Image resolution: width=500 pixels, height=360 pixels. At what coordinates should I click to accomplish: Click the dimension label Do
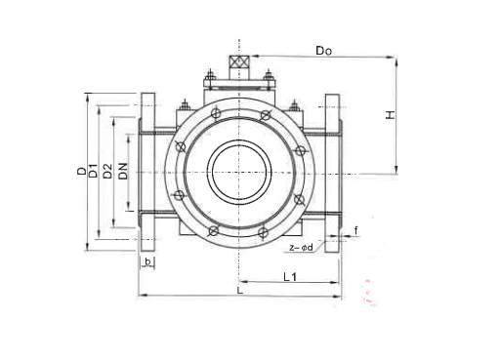(324, 51)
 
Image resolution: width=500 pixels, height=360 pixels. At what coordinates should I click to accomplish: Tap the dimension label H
(390, 115)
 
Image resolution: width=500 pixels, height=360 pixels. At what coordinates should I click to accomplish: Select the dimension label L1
(290, 277)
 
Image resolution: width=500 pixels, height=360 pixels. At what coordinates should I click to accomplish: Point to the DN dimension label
(123, 172)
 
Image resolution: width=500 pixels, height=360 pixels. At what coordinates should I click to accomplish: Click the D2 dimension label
(107, 172)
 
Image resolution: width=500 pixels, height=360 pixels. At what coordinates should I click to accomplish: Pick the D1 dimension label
(94, 171)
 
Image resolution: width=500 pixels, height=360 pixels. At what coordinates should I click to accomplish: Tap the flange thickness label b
(148, 261)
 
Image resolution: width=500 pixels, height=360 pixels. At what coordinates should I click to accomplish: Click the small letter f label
(356, 230)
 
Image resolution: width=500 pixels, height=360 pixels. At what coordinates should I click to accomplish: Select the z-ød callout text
(301, 248)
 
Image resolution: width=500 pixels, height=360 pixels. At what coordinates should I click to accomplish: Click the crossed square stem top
(238, 61)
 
